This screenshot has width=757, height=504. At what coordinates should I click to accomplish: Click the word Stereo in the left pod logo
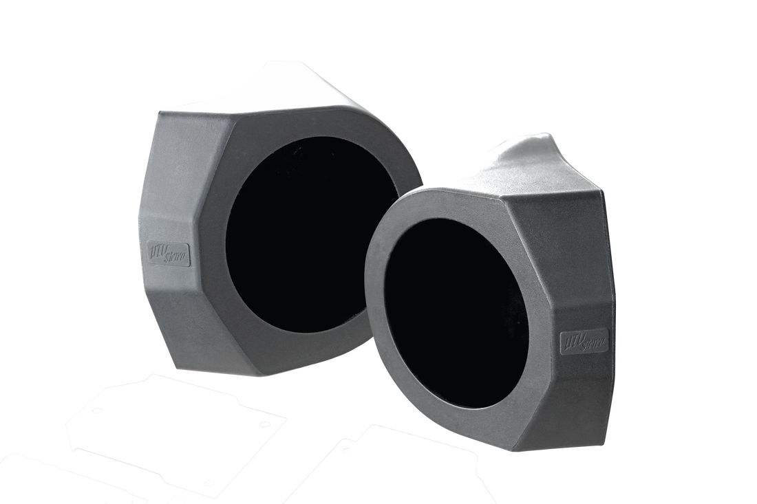(x=180, y=259)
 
